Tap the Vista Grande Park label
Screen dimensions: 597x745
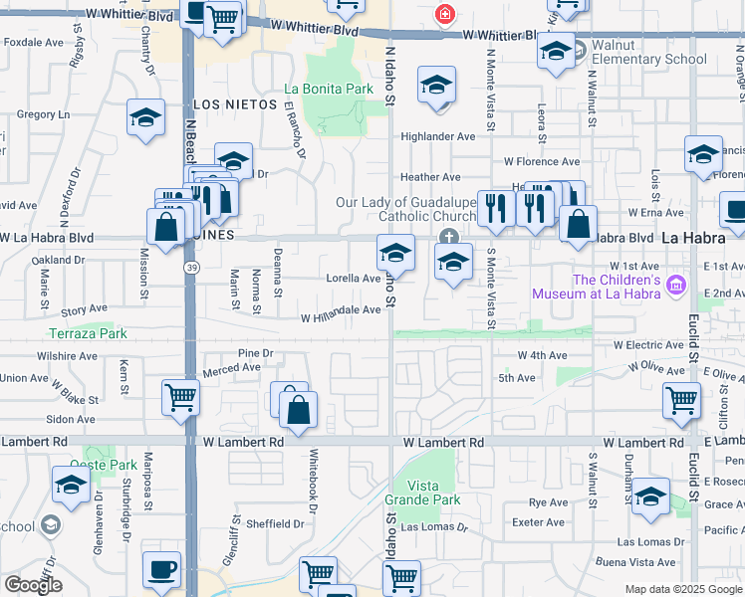click(x=421, y=492)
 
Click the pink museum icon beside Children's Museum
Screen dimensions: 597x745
click(x=676, y=286)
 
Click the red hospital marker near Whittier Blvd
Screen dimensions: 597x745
click(x=444, y=15)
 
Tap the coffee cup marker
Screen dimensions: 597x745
click(x=161, y=571)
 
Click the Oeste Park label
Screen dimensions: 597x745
click(x=104, y=465)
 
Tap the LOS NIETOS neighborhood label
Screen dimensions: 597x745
click(x=232, y=103)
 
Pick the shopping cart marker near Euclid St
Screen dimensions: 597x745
click(x=682, y=400)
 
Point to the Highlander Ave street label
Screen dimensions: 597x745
click(x=438, y=136)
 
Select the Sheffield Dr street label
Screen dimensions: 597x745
click(x=275, y=523)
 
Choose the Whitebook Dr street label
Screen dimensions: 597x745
click(x=312, y=495)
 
